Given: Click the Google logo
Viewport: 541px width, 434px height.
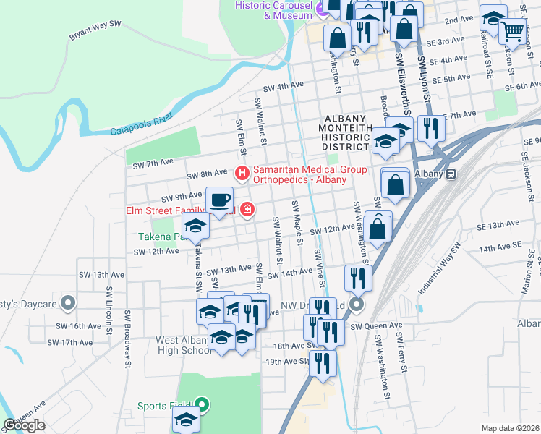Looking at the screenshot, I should coord(25,425).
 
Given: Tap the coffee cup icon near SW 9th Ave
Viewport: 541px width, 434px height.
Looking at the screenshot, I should coord(219,199).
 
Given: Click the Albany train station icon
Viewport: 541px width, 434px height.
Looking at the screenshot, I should coord(451,174).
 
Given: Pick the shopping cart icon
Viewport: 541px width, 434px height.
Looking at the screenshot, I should coord(513,31).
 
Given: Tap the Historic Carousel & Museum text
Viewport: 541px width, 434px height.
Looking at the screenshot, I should coord(274,10).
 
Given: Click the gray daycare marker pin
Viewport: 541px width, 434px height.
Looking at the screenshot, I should coord(67,302).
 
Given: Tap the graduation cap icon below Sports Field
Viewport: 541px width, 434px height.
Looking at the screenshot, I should coord(187,421).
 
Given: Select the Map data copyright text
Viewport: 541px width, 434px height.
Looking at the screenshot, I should coord(509,428).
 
